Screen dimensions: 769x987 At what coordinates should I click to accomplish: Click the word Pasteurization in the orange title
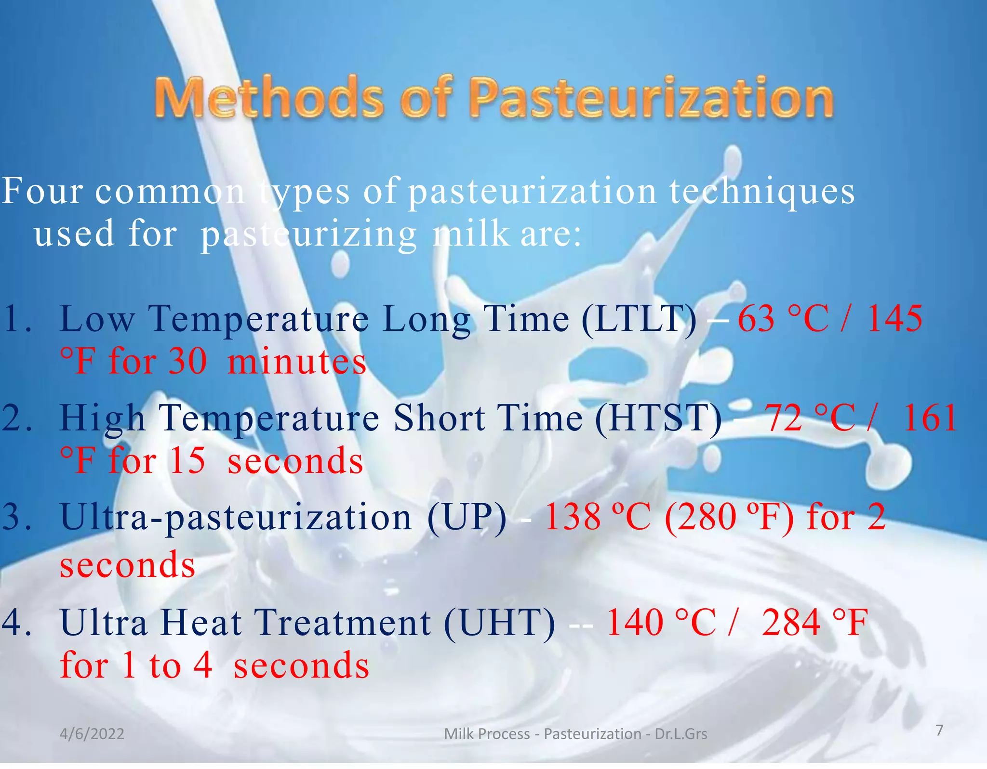(651, 98)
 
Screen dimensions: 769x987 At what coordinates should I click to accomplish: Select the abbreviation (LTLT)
(639, 319)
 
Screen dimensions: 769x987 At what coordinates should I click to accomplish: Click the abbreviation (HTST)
(658, 418)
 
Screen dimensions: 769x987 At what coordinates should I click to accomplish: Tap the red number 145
(894, 319)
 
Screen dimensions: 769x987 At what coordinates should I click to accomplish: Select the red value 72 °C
(810, 418)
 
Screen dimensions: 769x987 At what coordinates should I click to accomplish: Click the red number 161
(930, 418)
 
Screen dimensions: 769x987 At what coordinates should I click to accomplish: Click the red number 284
(791, 623)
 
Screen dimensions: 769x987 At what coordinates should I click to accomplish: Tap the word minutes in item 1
(297, 362)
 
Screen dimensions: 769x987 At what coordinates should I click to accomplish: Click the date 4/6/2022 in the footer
(92, 734)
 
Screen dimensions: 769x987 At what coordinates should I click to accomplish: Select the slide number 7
(939, 730)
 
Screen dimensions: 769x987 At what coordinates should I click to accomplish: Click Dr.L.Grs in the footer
(681, 734)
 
